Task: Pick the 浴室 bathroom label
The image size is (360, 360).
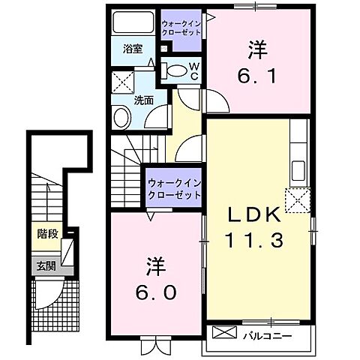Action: click(x=133, y=49)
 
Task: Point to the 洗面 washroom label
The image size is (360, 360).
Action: click(x=145, y=98)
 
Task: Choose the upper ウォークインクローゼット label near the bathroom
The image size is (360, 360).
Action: click(x=181, y=28)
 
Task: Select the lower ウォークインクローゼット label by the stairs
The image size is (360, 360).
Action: click(x=174, y=188)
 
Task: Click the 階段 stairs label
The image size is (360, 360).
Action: click(x=47, y=234)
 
